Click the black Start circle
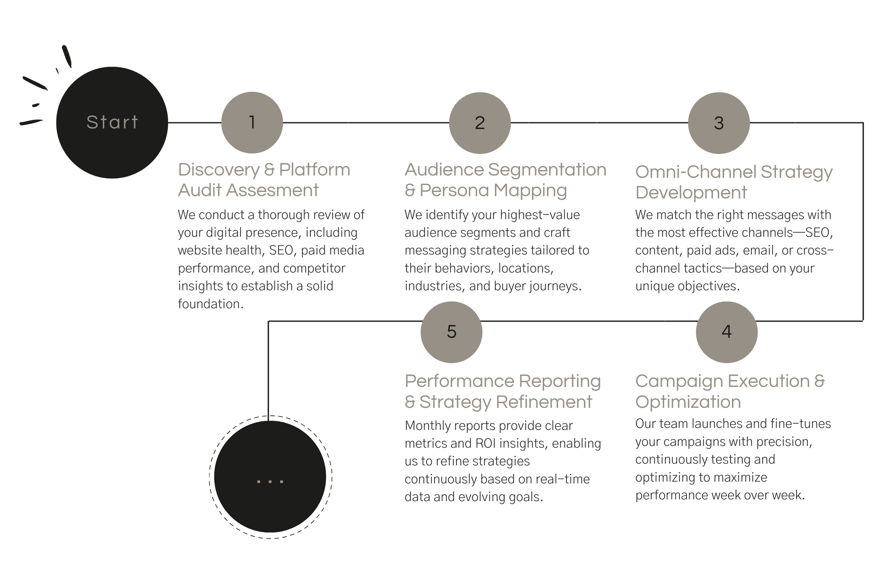point(112,123)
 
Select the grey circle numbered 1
point(252,123)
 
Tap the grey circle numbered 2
point(480,123)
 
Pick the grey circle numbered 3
point(719,123)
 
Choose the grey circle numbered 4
point(727,332)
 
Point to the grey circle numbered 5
point(451,332)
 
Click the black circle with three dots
point(270,476)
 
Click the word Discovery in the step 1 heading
point(218,170)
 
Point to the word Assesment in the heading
point(272,190)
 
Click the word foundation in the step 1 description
point(210,304)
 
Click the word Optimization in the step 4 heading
point(688,402)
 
